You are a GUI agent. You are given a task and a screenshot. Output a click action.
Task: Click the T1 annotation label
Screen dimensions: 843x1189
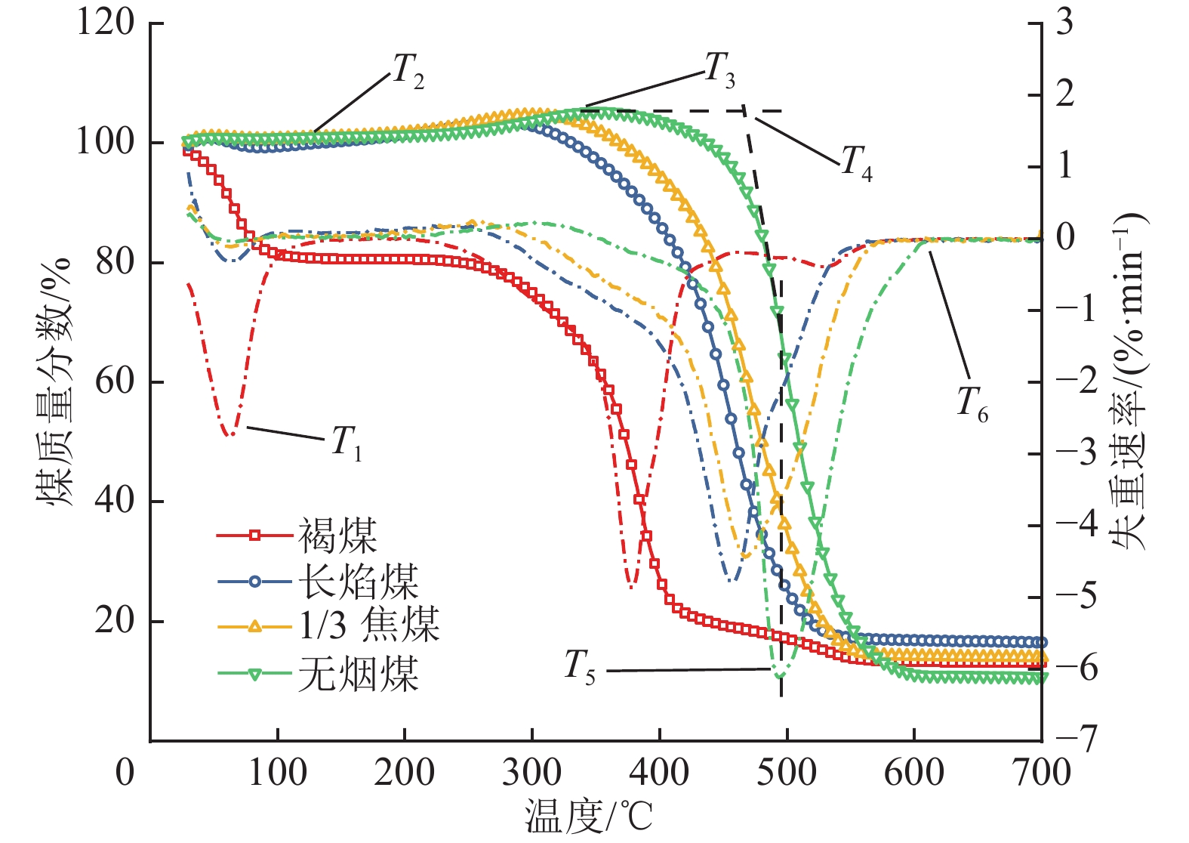point(347,442)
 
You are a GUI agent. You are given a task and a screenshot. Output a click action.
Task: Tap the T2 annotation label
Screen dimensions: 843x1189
point(408,73)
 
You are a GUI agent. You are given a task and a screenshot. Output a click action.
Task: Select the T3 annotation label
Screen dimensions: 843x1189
point(719,70)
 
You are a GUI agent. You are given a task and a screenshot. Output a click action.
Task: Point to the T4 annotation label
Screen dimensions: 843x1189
point(857,163)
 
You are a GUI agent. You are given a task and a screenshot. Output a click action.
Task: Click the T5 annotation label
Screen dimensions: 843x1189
point(580,667)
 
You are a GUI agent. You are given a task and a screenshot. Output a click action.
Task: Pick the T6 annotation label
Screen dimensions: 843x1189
point(972,404)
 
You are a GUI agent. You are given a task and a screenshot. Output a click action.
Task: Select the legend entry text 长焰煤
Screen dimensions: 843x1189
point(358,582)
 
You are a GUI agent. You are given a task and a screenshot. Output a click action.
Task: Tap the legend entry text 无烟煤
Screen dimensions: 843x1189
point(358,672)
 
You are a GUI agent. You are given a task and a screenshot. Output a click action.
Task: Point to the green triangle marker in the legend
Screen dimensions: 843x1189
point(254,673)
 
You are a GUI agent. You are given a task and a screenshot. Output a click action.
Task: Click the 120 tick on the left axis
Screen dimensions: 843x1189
point(106,23)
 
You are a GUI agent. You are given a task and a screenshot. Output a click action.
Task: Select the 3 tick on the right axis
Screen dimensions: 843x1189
point(1064,23)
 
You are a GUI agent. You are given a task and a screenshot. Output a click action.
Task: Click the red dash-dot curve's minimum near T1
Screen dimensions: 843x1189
point(230,434)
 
